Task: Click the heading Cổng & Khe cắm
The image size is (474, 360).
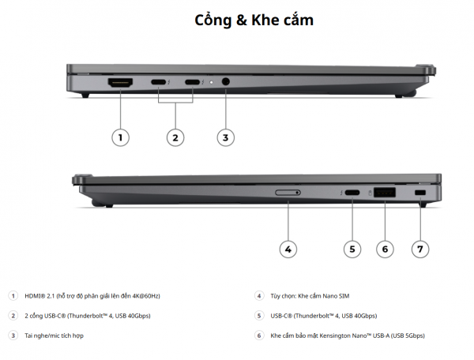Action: [254, 21]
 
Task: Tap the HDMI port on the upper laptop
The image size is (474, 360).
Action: [120, 82]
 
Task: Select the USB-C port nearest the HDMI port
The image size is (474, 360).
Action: [158, 82]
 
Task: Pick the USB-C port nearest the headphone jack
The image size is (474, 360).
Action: [193, 82]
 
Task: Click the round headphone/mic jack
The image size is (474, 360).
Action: [227, 82]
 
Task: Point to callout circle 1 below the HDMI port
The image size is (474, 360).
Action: [120, 137]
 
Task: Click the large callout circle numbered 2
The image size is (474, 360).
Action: [175, 137]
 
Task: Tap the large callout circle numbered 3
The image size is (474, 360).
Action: [226, 137]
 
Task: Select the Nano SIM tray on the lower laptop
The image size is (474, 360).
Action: [288, 192]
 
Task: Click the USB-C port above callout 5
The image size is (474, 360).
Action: [352, 193]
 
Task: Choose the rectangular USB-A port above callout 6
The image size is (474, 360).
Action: [385, 192]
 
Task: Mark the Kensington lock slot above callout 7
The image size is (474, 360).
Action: [419, 193]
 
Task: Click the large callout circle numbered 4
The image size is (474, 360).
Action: [288, 249]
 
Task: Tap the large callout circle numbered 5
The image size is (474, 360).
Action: [352, 249]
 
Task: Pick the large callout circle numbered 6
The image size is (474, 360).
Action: [385, 249]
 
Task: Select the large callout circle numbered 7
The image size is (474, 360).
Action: [420, 249]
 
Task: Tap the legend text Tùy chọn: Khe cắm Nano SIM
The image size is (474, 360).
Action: [309, 296]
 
